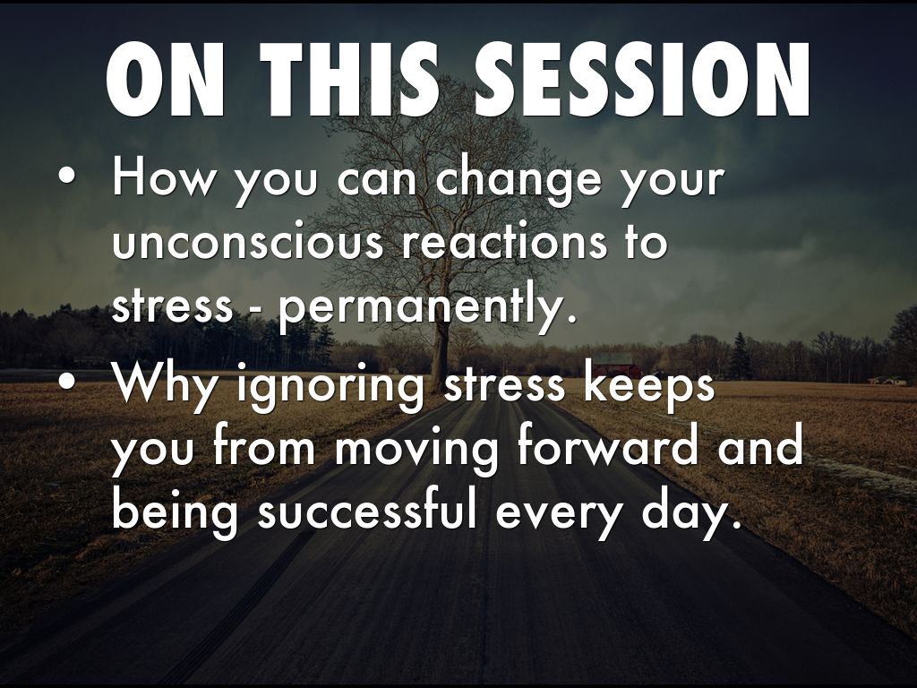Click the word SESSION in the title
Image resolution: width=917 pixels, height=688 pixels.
point(642,80)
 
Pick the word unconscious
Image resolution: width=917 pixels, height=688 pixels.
point(247,242)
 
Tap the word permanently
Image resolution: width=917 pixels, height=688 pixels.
point(424,306)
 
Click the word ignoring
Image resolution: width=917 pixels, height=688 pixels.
point(331,387)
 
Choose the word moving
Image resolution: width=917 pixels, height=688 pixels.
point(416,451)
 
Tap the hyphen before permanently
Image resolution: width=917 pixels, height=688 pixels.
point(255,308)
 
